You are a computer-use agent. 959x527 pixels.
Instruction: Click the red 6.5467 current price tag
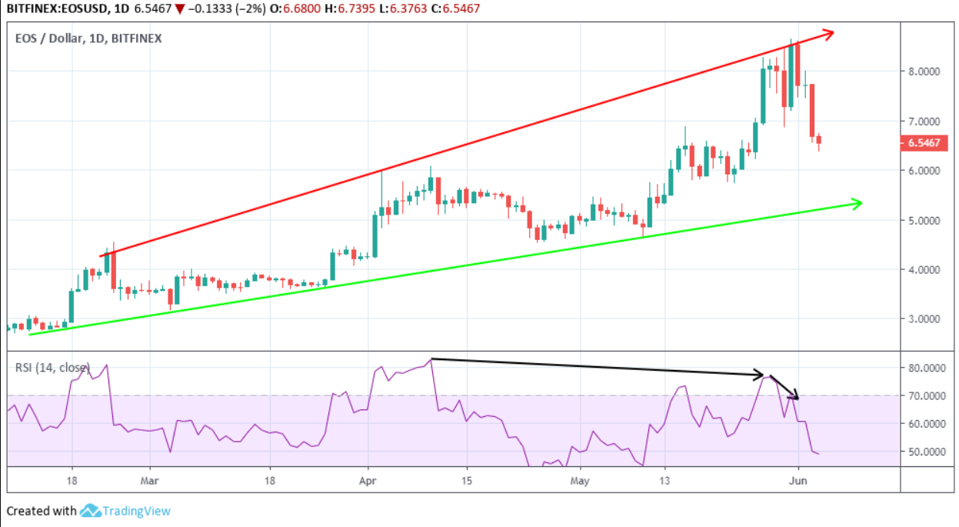tap(924, 142)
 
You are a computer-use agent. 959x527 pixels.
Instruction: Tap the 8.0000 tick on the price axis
tap(924, 72)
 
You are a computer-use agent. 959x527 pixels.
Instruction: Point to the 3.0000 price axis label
tap(924, 319)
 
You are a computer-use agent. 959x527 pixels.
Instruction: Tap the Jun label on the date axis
tap(798, 481)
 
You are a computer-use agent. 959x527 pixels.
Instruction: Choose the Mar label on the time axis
tap(149, 481)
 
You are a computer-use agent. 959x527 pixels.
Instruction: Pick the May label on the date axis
tap(580, 481)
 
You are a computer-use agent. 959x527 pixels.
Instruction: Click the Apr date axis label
tap(368, 481)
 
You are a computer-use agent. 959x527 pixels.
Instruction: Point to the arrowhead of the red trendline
tap(834, 32)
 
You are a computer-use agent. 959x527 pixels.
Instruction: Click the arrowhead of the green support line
tap(861, 204)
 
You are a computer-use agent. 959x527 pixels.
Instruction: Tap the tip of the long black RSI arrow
tap(763, 375)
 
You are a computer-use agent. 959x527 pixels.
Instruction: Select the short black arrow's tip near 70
tap(798, 399)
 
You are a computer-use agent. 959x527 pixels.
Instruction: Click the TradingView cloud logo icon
tap(90, 511)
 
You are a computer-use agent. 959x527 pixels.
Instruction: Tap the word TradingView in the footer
tap(137, 511)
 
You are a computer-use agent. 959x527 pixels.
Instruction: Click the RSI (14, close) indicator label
tap(52, 368)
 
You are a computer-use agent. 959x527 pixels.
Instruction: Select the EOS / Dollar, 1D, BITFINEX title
tap(88, 38)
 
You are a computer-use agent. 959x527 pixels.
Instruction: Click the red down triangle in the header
tap(180, 9)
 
